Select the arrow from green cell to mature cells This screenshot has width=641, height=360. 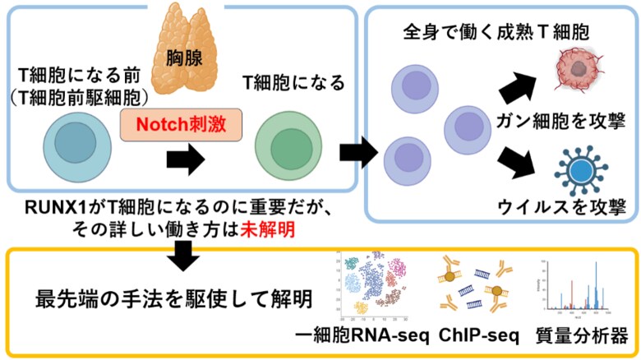point(356,150)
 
